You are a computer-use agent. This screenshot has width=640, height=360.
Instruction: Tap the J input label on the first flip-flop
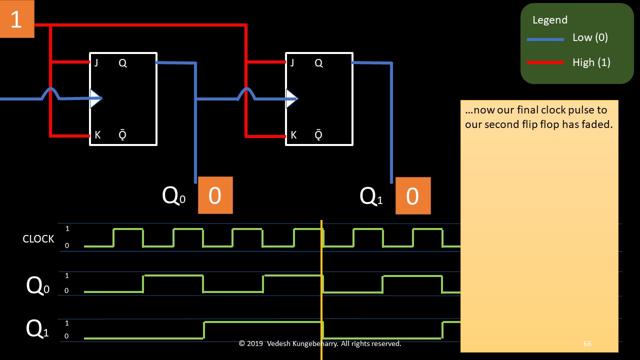coord(96,63)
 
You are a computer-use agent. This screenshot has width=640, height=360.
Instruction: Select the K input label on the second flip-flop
coord(293,135)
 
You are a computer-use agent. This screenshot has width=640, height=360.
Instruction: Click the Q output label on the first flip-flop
coord(122,63)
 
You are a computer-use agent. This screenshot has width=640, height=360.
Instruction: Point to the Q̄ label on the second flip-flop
coord(318,135)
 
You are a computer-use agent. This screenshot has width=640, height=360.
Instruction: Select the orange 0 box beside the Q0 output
coord(215,195)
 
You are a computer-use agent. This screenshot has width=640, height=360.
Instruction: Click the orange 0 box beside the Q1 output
coord(412,196)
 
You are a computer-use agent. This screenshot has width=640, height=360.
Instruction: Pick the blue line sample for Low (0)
coord(545,39)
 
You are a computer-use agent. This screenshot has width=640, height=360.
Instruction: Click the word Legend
coord(550,20)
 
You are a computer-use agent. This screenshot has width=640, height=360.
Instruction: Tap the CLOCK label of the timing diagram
coord(38,239)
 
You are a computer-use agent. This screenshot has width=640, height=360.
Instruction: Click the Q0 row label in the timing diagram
coord(37,286)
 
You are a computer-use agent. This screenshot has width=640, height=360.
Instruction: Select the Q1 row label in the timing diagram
coord(37,329)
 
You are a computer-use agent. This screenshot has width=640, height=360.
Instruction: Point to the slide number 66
coord(587,343)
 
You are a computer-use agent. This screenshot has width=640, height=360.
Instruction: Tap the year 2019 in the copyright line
coord(255,343)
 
